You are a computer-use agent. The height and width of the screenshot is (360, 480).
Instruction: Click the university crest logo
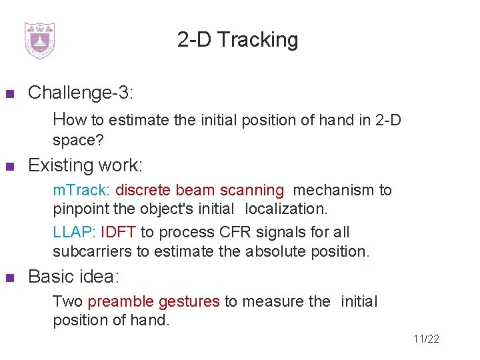tap(39, 41)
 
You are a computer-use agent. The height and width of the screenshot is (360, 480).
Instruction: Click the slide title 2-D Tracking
tap(238, 40)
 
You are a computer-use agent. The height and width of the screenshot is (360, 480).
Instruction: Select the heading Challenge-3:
tap(81, 93)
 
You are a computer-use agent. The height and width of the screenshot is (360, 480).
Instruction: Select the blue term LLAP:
tap(74, 233)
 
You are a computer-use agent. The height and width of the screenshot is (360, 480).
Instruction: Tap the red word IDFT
tap(118, 233)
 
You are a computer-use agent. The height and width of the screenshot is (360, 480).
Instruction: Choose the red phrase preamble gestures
tap(153, 301)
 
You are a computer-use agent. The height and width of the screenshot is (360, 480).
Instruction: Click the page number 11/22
tap(426, 339)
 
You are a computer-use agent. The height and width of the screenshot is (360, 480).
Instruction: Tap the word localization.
tap(286, 209)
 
